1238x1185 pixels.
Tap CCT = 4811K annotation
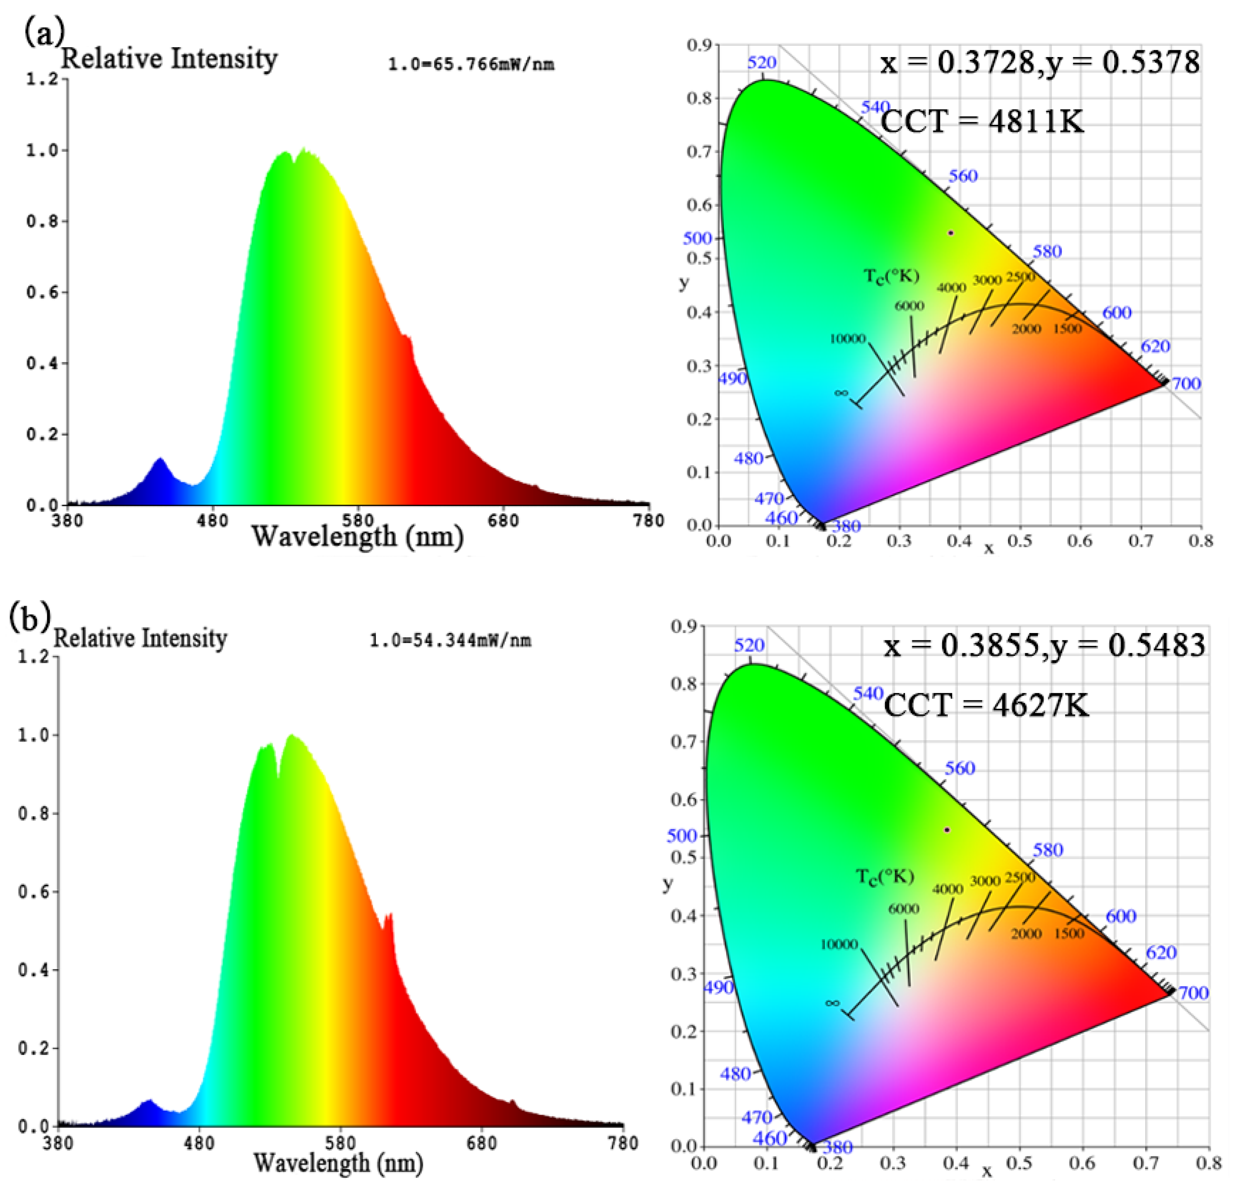coord(982,121)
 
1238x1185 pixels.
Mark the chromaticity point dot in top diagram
coord(951,233)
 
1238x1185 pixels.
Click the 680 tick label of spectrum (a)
coord(504,521)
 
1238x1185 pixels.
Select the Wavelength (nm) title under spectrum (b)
coord(338,1162)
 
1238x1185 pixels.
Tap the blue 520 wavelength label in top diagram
coord(762,62)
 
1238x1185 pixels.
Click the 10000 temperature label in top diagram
coord(847,339)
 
